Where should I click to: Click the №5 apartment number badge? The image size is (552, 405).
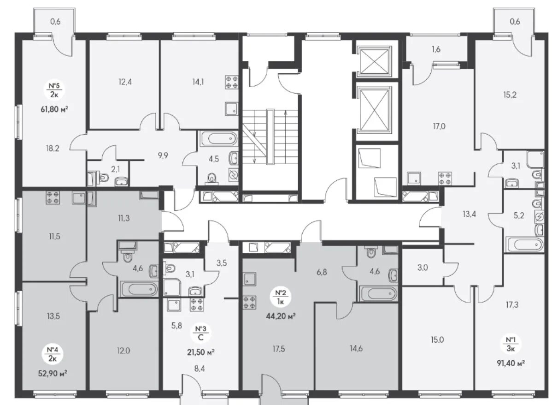tap(54, 90)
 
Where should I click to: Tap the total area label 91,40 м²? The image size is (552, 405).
tap(511, 363)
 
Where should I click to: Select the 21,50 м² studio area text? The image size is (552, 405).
tap(201, 352)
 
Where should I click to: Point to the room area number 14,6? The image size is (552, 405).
tap(356, 349)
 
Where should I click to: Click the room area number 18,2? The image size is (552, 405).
tap(53, 149)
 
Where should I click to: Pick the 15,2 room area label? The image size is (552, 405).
tap(510, 95)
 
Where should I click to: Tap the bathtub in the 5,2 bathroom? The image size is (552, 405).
tap(524, 244)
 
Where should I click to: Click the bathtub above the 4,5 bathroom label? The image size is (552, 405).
tap(219, 138)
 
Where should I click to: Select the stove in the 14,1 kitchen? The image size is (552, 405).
tap(232, 82)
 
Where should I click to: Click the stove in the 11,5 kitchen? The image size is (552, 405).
tap(53, 197)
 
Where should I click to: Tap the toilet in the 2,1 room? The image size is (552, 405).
tap(102, 178)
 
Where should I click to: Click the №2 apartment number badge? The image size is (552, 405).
tap(281, 297)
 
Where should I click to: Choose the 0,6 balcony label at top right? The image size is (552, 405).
tap(515, 22)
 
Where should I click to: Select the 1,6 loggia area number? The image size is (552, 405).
tap(436, 49)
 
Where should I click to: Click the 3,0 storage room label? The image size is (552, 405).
tap(423, 268)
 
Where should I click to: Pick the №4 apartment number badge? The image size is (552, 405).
tap(53, 354)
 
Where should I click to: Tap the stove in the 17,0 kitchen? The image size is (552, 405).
tap(445, 178)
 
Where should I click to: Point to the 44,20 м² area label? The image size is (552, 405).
tap(281, 316)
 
